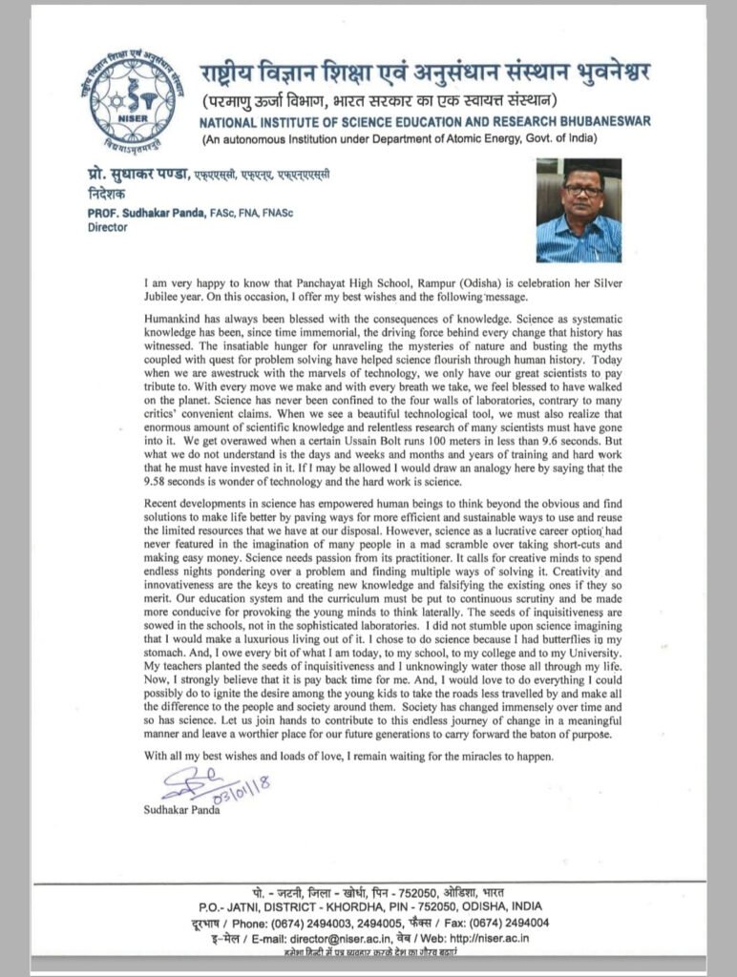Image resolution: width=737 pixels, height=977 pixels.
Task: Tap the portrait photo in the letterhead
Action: click(x=579, y=210)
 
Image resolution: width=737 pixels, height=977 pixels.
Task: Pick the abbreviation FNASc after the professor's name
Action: click(x=271, y=214)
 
